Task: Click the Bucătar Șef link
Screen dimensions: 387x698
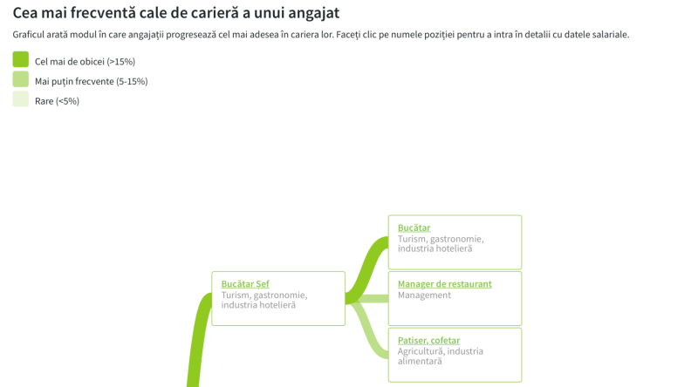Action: click(x=245, y=284)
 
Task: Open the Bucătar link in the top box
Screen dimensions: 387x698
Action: click(x=414, y=227)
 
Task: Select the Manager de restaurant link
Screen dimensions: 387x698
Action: click(x=444, y=284)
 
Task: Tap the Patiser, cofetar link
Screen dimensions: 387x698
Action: click(x=428, y=340)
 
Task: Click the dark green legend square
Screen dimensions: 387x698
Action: click(x=20, y=59)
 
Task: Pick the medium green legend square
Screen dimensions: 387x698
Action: click(x=20, y=79)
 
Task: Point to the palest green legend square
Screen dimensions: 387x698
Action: click(x=20, y=99)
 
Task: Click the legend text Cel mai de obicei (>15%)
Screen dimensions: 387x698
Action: click(x=85, y=62)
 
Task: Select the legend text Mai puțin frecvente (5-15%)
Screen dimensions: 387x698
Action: click(x=91, y=82)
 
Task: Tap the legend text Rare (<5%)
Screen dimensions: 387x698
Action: click(x=57, y=101)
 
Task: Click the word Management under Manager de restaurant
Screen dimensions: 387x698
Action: click(x=424, y=295)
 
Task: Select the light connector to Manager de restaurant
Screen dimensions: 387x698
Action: click(x=371, y=299)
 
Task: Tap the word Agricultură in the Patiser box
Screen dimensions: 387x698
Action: click(x=421, y=351)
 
